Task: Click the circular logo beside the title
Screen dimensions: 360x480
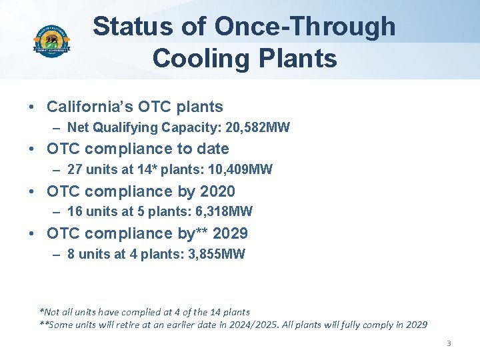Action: click(x=51, y=41)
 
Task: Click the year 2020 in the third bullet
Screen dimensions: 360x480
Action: click(x=217, y=191)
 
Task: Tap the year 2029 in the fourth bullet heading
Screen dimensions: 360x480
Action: click(x=230, y=233)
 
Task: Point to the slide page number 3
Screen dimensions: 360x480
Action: click(x=449, y=343)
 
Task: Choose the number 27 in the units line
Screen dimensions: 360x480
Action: click(x=75, y=169)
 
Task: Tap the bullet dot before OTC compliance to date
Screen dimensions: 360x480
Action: click(x=31, y=149)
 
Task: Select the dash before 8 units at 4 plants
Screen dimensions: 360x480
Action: click(x=56, y=254)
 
